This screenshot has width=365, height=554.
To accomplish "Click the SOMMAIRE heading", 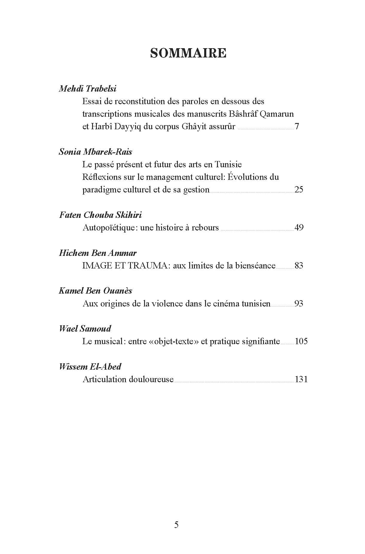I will pos(188,53).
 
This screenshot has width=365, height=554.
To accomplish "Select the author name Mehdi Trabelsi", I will pos(88,89).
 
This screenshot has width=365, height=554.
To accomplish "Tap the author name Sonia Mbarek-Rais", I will pos(95,152).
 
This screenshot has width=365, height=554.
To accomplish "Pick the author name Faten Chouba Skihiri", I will pos(100,215).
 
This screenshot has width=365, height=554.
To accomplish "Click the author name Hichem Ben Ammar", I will pos(98,253).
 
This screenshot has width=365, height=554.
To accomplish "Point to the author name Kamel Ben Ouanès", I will pos(95,291).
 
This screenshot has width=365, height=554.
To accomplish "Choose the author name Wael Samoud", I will pos(85,329).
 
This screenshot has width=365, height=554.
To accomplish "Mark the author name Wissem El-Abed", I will pos(90,367).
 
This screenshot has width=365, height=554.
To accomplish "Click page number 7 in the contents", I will pos(297,126).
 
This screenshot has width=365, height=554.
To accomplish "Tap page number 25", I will pos(299,189).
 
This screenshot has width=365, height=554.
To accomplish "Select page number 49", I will pos(299,227).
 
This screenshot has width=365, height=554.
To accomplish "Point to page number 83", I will pos(299,265).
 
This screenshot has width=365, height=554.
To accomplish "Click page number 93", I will pos(299,303).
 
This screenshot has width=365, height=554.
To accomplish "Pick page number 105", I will pos(301,341).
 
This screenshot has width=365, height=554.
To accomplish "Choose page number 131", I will pos(301,379).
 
